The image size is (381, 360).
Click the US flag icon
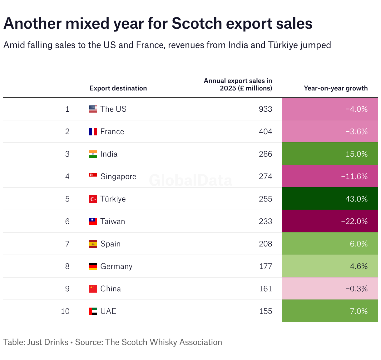(x=93, y=109)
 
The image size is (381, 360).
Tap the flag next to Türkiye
(x=93, y=199)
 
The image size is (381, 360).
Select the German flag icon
(x=93, y=266)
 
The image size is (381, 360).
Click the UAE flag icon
(x=93, y=311)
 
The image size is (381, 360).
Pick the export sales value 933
(x=265, y=109)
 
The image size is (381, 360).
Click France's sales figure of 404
(x=265, y=132)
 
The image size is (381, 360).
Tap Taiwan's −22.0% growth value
(x=354, y=221)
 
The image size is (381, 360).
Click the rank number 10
(x=65, y=311)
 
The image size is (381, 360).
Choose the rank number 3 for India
(x=67, y=154)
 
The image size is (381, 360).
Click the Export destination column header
(x=118, y=88)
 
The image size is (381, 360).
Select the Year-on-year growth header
(x=336, y=88)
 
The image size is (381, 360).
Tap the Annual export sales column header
(x=238, y=85)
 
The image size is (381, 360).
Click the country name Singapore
(x=118, y=177)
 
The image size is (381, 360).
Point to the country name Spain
(x=110, y=244)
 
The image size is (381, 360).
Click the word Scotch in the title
(x=196, y=24)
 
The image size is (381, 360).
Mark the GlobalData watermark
(x=190, y=181)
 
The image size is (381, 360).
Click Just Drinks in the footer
(x=48, y=342)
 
